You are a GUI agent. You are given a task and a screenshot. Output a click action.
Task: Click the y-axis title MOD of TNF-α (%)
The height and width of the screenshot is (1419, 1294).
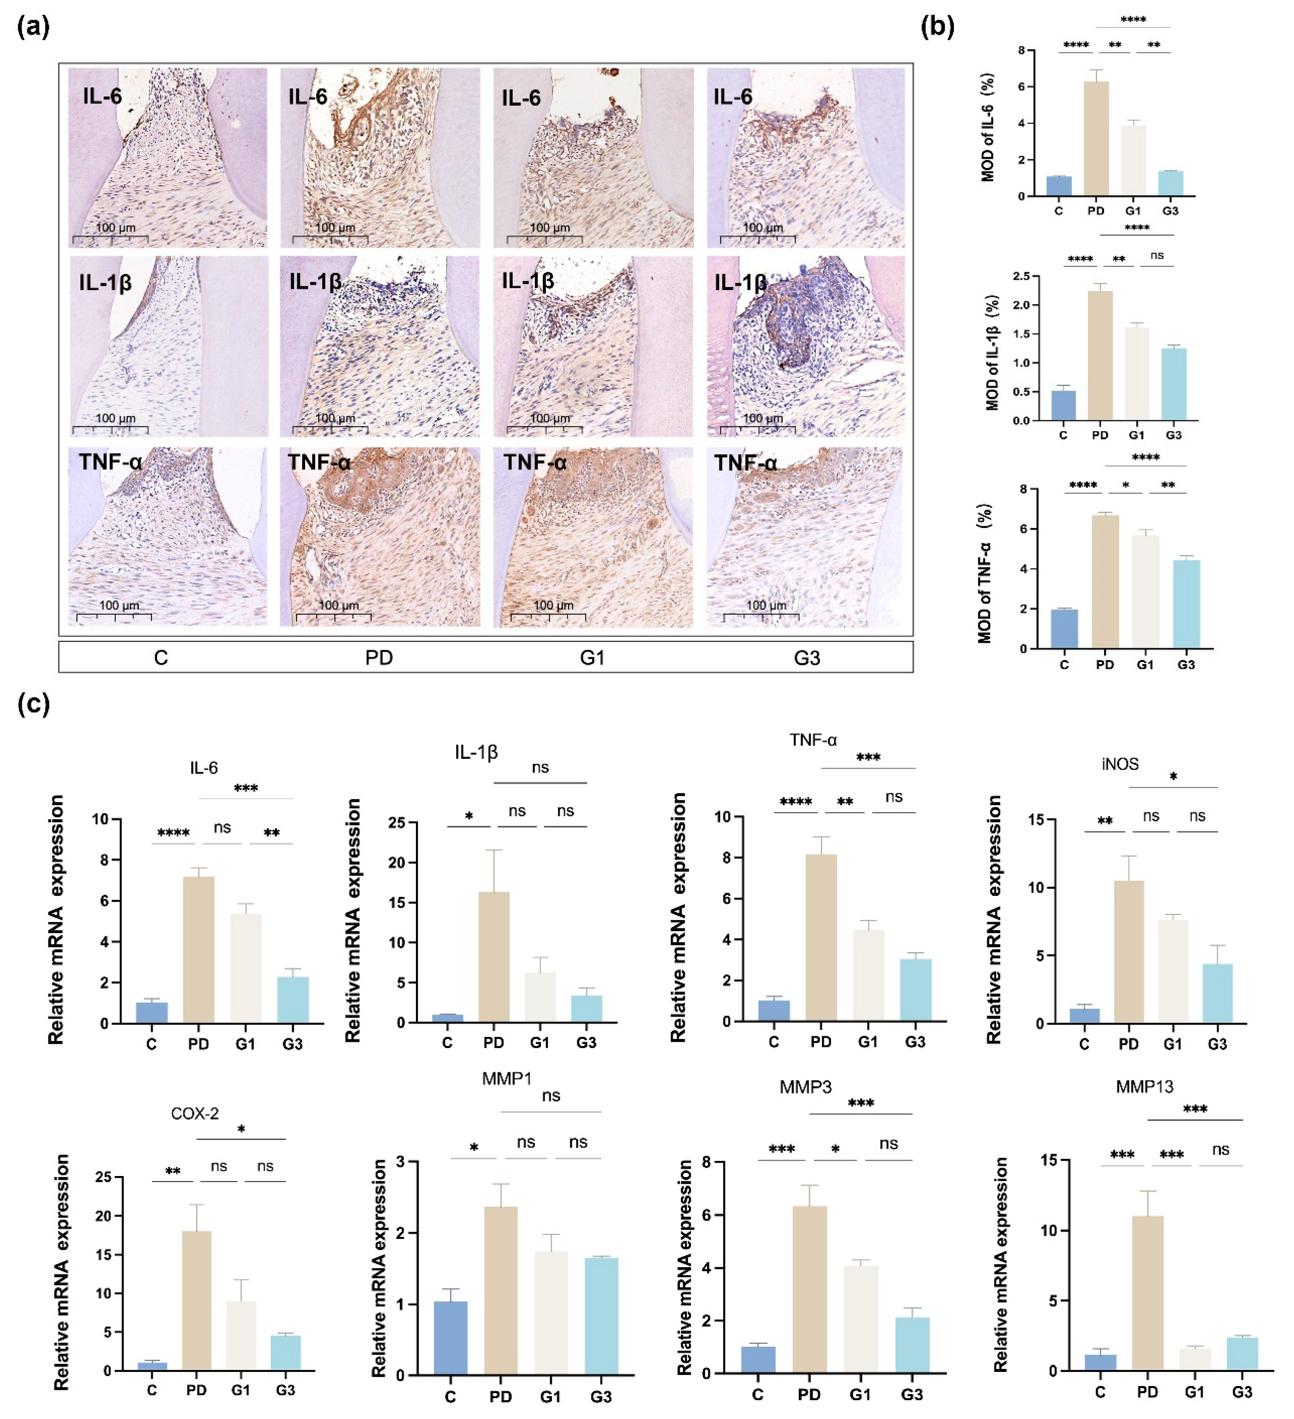point(985,574)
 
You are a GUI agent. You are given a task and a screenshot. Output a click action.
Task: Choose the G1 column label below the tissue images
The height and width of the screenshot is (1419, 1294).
point(592,658)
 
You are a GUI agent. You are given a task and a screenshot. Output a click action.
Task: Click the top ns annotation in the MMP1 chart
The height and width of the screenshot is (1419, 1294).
point(551,1096)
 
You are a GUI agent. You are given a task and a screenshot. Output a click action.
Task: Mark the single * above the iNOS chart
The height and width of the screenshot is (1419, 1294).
point(1173,777)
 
